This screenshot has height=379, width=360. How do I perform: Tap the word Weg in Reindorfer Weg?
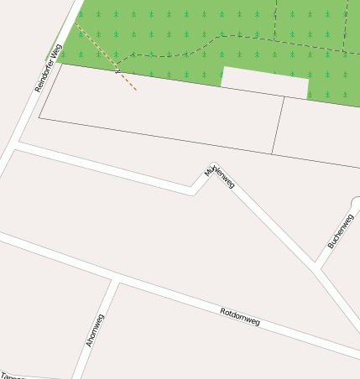pos(57,51)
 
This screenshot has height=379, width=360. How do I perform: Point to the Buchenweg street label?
pos(342,230)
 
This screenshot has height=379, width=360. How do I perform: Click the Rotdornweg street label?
pos(240,317)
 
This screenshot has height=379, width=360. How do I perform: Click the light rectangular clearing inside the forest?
pos(264,81)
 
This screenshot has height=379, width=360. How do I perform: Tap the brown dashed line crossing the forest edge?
pos(117,71)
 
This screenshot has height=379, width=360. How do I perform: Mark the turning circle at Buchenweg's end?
pos(357,203)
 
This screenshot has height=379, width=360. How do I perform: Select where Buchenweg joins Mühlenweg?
pos(317,267)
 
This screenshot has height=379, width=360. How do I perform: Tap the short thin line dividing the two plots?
pos(278,126)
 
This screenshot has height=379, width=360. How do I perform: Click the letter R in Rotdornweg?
pos(222,311)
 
